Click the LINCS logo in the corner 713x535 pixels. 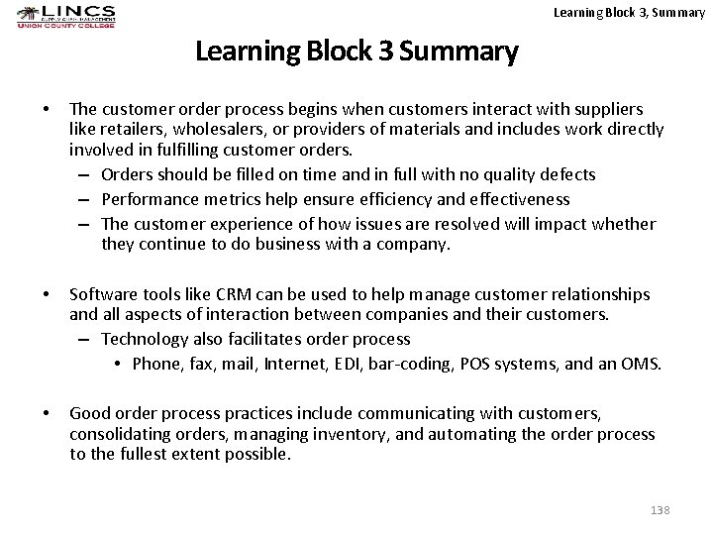tap(66, 16)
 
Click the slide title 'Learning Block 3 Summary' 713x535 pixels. tap(356, 51)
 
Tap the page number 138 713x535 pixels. tap(660, 509)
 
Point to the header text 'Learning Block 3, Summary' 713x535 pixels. tap(629, 13)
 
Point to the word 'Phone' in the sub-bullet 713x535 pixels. tap(153, 364)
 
